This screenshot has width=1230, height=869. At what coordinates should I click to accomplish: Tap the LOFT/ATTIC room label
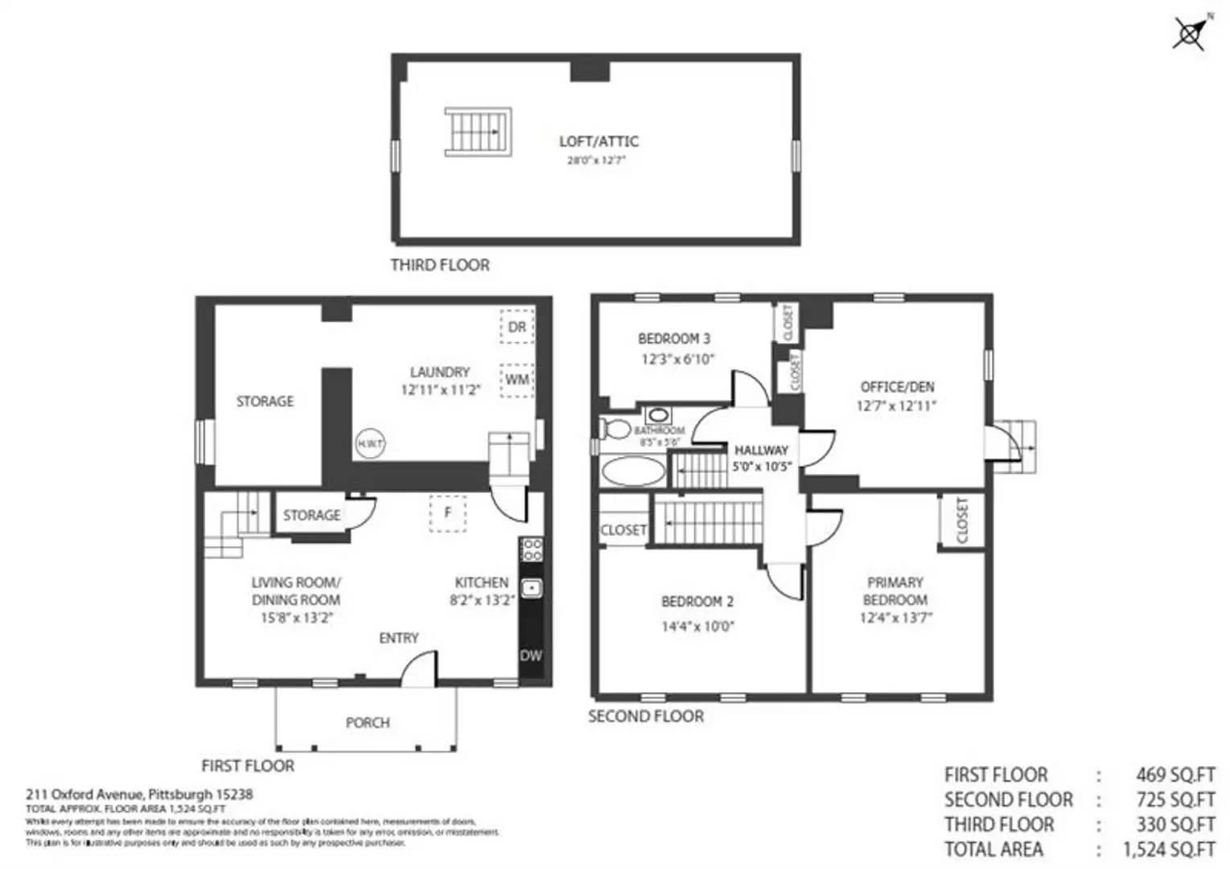(x=599, y=142)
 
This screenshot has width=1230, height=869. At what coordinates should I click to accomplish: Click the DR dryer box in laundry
(x=516, y=327)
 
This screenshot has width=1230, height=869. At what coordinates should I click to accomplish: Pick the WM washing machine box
(x=516, y=379)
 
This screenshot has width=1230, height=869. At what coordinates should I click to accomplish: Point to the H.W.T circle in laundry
(x=370, y=443)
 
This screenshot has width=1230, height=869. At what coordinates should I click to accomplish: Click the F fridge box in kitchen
(x=448, y=513)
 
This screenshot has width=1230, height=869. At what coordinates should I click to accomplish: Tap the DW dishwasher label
(x=531, y=656)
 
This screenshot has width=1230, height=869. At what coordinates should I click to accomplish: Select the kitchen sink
(x=531, y=588)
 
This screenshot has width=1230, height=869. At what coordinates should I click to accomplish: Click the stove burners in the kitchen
(x=531, y=550)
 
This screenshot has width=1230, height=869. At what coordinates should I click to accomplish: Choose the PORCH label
(x=368, y=723)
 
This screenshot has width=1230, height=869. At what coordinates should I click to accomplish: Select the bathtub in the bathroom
(x=633, y=472)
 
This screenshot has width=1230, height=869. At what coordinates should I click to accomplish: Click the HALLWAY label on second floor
(x=761, y=451)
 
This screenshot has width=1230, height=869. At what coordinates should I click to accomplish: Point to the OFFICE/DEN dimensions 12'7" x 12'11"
(x=896, y=406)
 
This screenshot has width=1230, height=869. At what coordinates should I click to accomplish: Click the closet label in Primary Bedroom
(x=962, y=520)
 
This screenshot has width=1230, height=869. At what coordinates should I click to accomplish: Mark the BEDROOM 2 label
(x=697, y=602)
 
